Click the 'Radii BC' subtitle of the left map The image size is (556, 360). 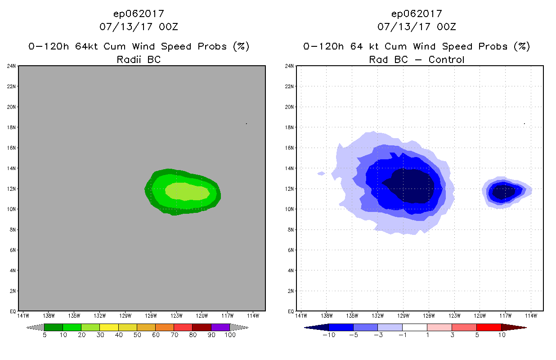coord(139,59)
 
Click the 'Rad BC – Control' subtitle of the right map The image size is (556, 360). coord(417,59)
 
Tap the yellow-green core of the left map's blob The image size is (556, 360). coord(186,191)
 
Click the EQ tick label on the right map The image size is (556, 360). coord(291,311)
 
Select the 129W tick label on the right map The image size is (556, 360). coord(403,315)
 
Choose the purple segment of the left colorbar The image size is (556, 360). coord(220,327)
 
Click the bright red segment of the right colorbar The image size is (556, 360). coord(489,327)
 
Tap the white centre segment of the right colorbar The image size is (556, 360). coord(415,327)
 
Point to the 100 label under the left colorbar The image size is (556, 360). coord(230,335)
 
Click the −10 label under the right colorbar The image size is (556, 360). coord(328,335)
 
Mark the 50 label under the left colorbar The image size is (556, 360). coord(137,335)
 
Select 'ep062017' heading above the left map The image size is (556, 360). coord(139,14)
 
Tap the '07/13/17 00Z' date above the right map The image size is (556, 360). coord(417,27)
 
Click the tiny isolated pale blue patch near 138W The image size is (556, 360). coord(321,173)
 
